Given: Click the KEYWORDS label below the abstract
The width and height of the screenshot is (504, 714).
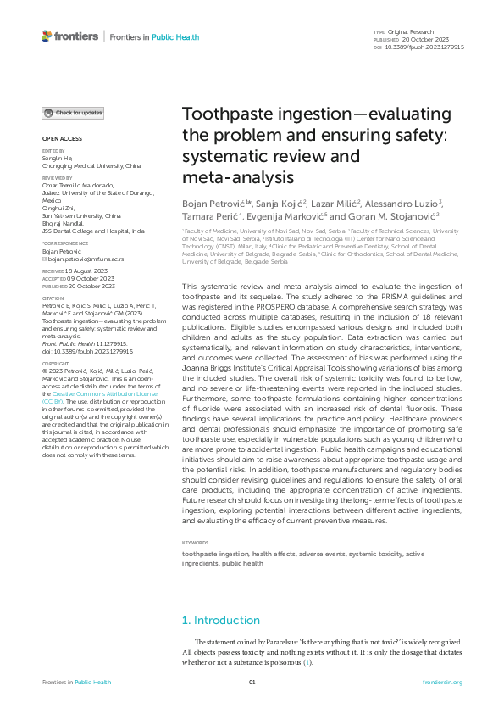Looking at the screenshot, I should point(197,542).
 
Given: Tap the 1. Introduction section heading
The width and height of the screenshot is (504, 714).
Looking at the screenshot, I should point(221,620).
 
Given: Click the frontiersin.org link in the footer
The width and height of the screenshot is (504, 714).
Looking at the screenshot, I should point(443,682).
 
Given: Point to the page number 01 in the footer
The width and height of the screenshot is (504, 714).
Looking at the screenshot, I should point(252,682).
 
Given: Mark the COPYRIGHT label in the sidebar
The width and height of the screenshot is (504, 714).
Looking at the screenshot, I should point(57,362).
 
